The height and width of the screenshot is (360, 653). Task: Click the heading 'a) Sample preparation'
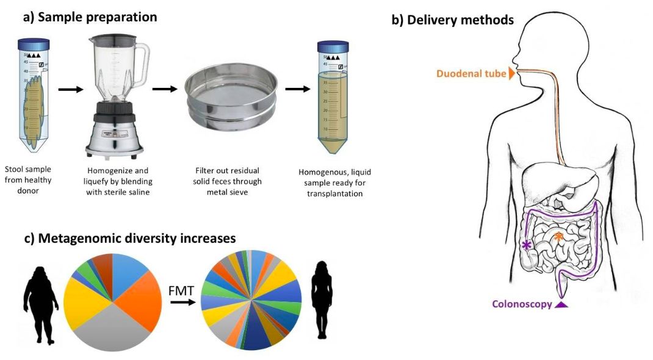pos(90,16)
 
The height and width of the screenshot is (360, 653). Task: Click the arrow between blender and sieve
pos(164,89)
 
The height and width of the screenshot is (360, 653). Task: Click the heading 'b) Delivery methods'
pos(452,20)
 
